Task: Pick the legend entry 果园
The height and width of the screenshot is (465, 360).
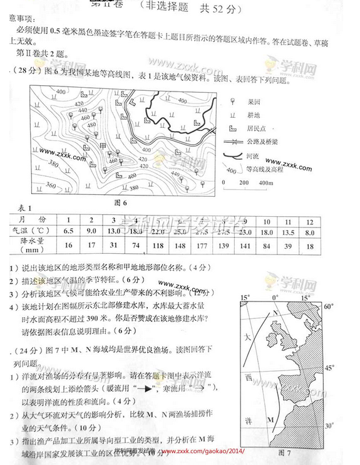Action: coord(254,102)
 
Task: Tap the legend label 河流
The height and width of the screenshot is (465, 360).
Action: coord(254,155)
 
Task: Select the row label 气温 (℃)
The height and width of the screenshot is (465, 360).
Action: coord(29,232)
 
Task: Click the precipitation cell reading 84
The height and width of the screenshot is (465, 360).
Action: coord(266,246)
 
